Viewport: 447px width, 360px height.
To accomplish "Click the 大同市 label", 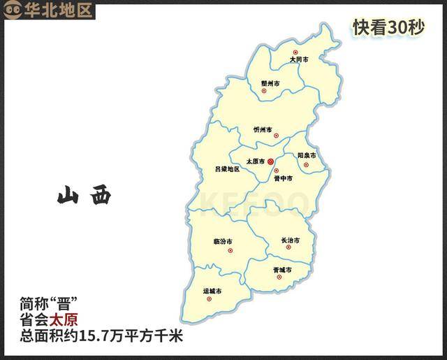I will [299, 60].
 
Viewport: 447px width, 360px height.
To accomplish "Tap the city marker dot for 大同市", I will [295, 52].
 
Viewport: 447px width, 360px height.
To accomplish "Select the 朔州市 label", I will [270, 83].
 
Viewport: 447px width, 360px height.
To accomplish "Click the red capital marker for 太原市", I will [271, 161].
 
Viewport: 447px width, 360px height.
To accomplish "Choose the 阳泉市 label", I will [307, 155].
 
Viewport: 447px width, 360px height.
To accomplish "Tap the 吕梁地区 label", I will [227, 169].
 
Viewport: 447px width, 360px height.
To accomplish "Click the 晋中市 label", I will [283, 179].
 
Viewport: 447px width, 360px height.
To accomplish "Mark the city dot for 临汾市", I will [230, 250].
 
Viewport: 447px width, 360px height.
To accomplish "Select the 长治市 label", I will [290, 241].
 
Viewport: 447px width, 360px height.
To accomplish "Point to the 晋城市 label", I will [282, 269].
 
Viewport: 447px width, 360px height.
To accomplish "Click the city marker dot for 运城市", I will [209, 299].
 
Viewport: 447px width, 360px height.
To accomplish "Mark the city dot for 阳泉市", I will [305, 165].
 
